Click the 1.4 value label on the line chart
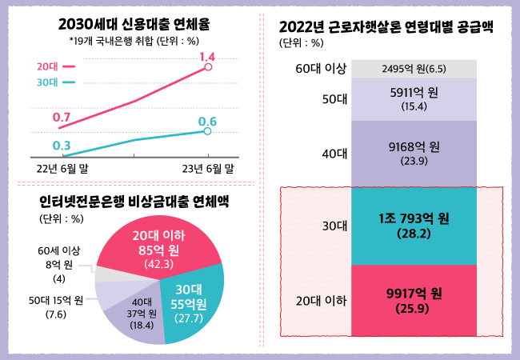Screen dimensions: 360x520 208,57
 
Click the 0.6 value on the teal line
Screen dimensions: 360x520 208,122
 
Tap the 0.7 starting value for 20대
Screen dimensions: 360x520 62,118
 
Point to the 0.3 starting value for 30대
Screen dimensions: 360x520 62,145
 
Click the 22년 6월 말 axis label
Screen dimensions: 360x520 63,168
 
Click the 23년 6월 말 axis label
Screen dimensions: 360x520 208,168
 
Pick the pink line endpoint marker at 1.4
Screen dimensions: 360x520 208,68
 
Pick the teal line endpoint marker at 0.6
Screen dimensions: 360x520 208,131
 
